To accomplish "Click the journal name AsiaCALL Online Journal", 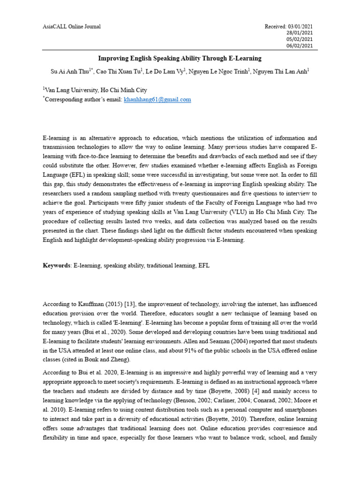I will [x=72, y=27].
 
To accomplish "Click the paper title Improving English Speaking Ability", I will [x=180, y=59].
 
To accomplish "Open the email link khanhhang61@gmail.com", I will [x=157, y=99].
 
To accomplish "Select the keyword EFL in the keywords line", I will [x=204, y=265].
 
